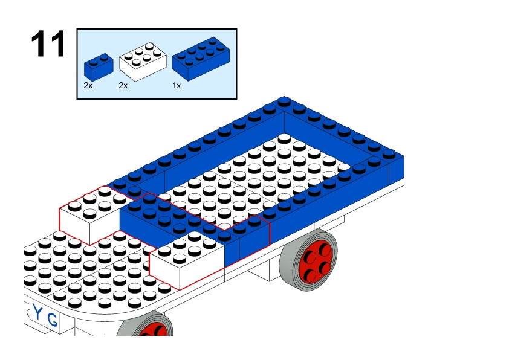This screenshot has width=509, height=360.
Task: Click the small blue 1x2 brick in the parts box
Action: click(99, 67)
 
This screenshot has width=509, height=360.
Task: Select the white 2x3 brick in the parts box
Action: click(143, 62)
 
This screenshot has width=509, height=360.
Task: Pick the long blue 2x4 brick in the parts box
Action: click(201, 59)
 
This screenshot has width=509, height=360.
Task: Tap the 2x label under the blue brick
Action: click(88, 86)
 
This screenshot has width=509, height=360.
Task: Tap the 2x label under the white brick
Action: click(123, 86)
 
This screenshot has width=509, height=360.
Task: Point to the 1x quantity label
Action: click(177, 86)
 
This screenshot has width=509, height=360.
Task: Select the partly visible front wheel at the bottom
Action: click(145, 324)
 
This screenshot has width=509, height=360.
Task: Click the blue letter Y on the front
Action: click(37, 313)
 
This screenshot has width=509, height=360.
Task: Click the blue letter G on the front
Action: click(52, 320)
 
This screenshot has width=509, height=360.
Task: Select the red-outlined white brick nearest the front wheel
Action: click(186, 260)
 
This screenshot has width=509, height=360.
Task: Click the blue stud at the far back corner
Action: click(284, 101)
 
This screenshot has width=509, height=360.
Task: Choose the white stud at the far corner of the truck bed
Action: click(284, 138)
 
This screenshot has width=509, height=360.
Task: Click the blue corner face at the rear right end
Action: click(397, 168)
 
